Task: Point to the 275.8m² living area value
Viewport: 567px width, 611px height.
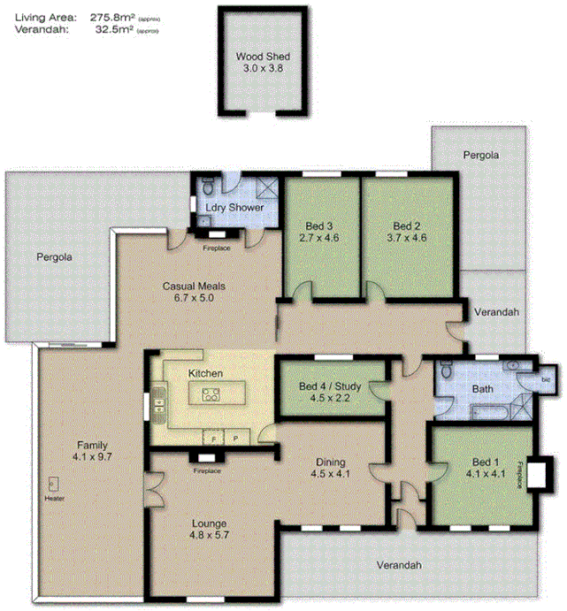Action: tap(112, 16)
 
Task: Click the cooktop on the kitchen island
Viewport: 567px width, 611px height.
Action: tap(211, 395)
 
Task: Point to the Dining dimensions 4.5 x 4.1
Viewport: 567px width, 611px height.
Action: tap(330, 474)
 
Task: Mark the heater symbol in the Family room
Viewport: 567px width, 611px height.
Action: tap(53, 485)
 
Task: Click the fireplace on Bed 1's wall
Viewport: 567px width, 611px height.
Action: tap(537, 472)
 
